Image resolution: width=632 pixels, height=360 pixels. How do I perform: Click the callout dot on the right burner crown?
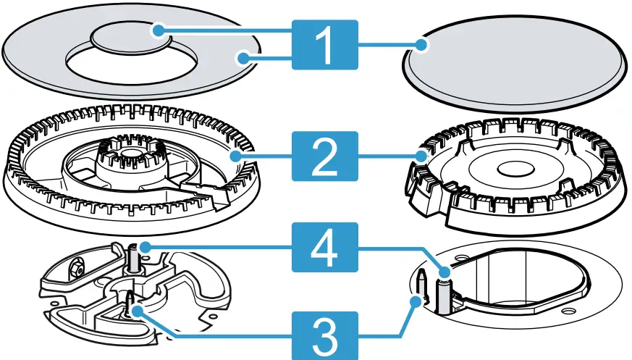pos(423,154)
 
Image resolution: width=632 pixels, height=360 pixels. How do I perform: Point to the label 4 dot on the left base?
pos(144,248)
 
